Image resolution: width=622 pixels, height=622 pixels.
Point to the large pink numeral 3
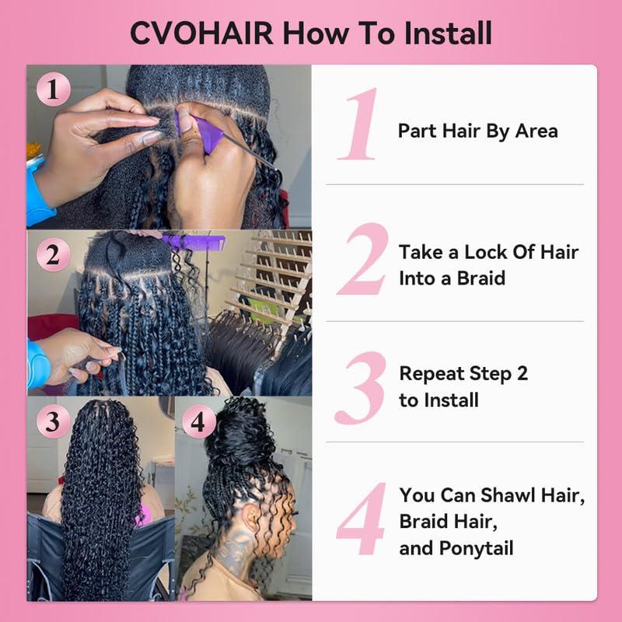click(x=361, y=387)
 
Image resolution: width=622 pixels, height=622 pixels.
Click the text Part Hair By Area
click(x=477, y=131)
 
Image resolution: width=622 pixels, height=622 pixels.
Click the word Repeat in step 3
click(x=433, y=373)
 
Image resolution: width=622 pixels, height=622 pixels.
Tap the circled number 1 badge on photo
click(x=53, y=90)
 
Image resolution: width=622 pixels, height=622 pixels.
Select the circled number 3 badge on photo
click(x=53, y=422)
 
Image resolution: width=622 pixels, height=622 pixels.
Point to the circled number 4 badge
click(x=199, y=422)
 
